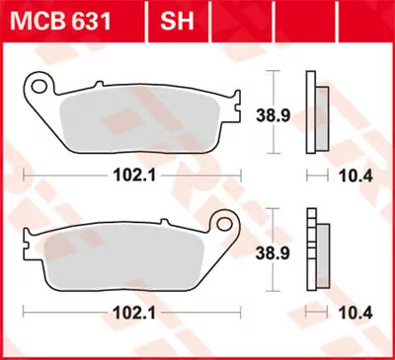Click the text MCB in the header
pyautogui.click(x=37, y=17)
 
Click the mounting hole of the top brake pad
pyautogui.click(x=39, y=86)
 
